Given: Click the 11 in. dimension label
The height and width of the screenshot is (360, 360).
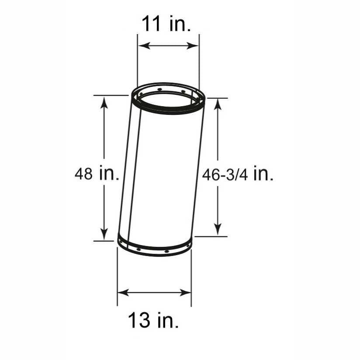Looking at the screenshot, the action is point(166,24).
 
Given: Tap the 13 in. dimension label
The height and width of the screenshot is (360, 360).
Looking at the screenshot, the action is point(153,320).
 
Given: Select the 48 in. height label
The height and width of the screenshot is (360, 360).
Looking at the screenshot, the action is point(97,173).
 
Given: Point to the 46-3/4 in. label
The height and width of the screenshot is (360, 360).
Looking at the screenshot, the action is point(238,175).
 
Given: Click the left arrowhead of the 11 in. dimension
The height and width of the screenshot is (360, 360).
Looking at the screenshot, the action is point(144,45).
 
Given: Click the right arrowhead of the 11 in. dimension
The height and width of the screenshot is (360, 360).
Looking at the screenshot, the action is point(192,45).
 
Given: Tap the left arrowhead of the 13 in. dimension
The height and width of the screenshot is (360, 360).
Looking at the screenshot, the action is point(124,293).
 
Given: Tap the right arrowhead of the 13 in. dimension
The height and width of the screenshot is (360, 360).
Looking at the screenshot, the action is point(185,293).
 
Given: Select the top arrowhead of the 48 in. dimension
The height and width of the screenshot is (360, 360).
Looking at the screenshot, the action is point(104,102).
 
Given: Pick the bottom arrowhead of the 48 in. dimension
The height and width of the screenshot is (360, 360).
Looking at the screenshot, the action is point(104,234).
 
